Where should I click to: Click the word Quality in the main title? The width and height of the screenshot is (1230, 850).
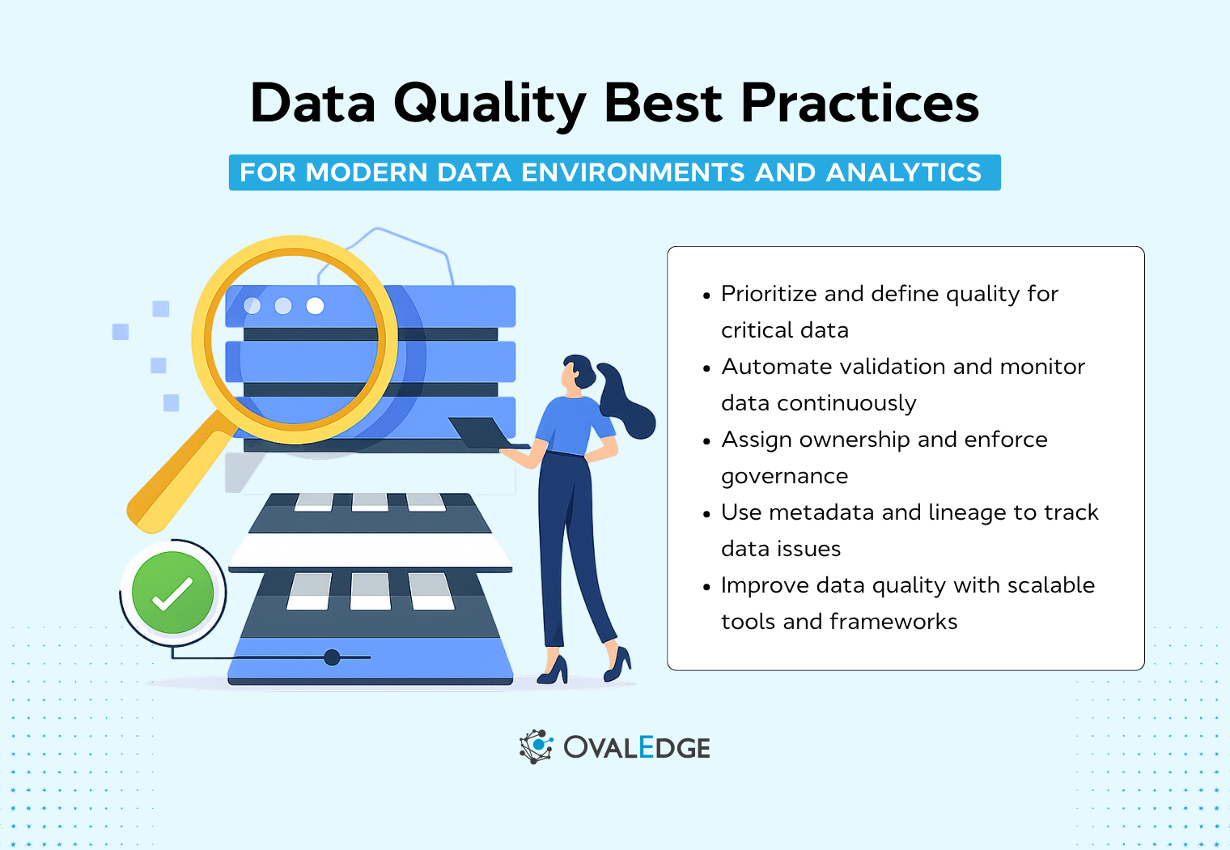point(490,104)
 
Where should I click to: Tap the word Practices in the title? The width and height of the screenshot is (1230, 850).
point(859,104)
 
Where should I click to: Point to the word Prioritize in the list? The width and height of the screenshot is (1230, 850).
point(769,294)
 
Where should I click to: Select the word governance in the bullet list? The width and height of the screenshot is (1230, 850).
point(784,476)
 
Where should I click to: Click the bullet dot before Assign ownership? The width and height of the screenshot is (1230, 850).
point(706,441)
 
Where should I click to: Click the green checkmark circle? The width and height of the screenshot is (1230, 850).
point(172,593)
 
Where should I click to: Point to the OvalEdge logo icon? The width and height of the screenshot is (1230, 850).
point(536,746)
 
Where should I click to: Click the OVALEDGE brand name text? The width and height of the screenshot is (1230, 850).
point(637,747)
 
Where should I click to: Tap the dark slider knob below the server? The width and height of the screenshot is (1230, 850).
point(332,657)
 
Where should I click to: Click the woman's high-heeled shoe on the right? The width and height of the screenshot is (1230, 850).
point(618,664)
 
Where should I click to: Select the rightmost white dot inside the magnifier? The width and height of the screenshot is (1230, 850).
point(316,305)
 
